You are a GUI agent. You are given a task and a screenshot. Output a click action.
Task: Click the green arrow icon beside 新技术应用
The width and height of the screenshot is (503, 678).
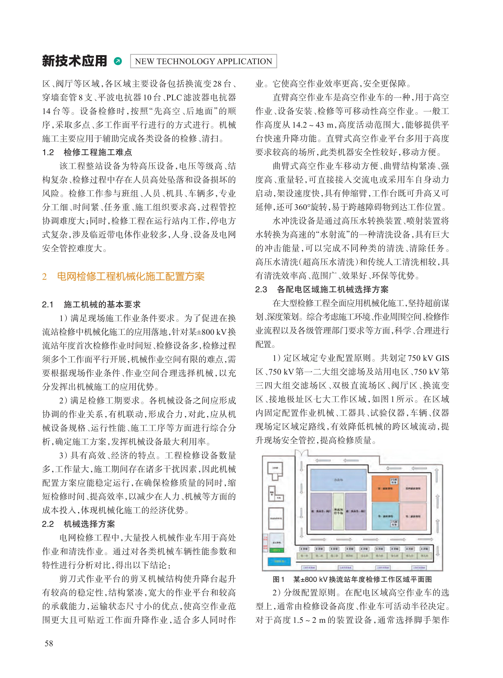pos(118,61)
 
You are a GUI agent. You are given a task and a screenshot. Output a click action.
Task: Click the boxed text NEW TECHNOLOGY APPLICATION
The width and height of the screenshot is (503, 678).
pos(203,61)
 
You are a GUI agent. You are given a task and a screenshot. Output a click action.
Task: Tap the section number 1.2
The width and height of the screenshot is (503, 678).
pos(48,152)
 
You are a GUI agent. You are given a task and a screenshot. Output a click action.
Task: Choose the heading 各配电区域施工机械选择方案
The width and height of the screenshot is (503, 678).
pos(332,289)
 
